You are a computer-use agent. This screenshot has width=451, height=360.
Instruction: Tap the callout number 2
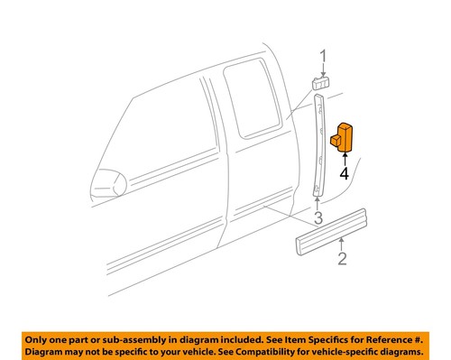pos(342,262)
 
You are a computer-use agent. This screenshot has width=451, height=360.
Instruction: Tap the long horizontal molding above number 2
pos(333,241)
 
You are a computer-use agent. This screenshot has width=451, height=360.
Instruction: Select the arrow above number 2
pos(342,246)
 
